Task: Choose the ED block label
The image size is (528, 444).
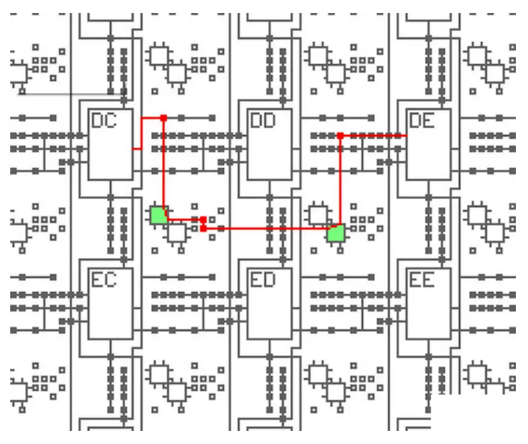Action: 264,279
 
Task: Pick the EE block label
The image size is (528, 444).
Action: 423,279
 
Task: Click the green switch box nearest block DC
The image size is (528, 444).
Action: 159,215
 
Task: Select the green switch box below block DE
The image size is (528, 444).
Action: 336,232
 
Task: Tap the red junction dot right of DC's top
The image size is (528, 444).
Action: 163,118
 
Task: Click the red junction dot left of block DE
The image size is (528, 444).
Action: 340,136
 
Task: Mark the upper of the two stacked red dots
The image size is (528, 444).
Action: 203,219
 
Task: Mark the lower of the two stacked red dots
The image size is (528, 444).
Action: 203,228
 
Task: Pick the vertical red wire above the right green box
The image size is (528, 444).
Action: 340,182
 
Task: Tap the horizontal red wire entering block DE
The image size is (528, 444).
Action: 373,136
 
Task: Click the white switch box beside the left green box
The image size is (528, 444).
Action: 176,232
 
